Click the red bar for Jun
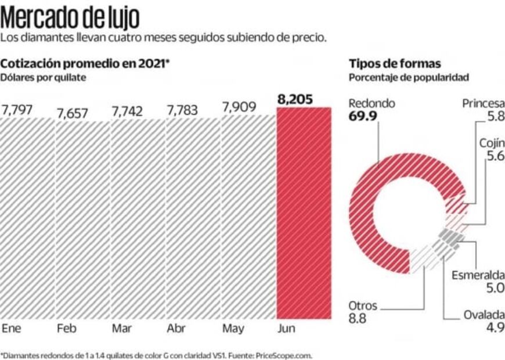[304, 213]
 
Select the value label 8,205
[295, 100]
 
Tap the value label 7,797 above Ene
[21, 109]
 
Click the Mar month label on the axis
[121, 329]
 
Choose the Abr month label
[176, 329]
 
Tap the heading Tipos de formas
[394, 63]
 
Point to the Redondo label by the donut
[371, 103]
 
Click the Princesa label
[483, 103]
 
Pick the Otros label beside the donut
[363, 305]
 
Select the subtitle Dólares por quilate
[44, 77]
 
